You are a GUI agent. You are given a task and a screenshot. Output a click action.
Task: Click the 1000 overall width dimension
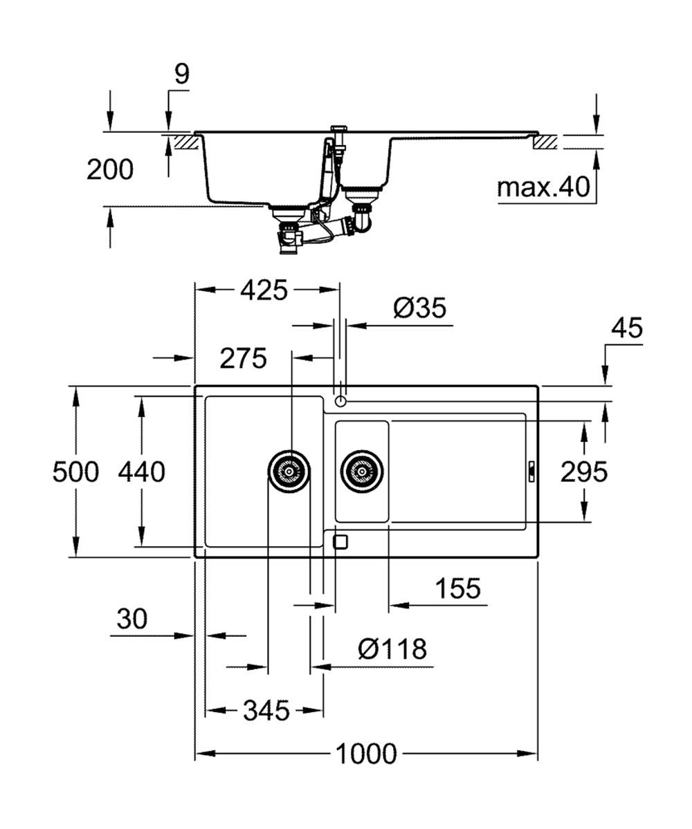pos(366,753)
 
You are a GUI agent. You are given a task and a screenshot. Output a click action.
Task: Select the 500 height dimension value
pos(75,472)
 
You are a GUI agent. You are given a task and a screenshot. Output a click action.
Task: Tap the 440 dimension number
pos(141,472)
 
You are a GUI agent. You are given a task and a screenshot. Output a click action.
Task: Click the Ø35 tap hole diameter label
pos(420,308)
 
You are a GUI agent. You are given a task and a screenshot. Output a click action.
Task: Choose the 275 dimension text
pos(243,358)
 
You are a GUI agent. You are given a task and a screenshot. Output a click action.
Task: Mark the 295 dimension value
pos(584,472)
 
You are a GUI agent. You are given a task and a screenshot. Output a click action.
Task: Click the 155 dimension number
pos(457,589)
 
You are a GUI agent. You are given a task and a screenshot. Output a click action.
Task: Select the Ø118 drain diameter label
pos(392,649)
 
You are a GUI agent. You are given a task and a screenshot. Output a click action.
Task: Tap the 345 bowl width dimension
pos(266,710)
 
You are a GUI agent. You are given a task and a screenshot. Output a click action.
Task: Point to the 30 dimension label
pos(131,619)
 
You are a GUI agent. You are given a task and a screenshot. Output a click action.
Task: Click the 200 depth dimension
pos(110,169)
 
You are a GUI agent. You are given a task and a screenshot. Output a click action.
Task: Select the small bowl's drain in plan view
pos(361,472)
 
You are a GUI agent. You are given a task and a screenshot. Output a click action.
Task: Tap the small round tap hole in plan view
pos(340,401)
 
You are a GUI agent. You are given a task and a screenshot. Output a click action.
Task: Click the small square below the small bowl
pos(340,542)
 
